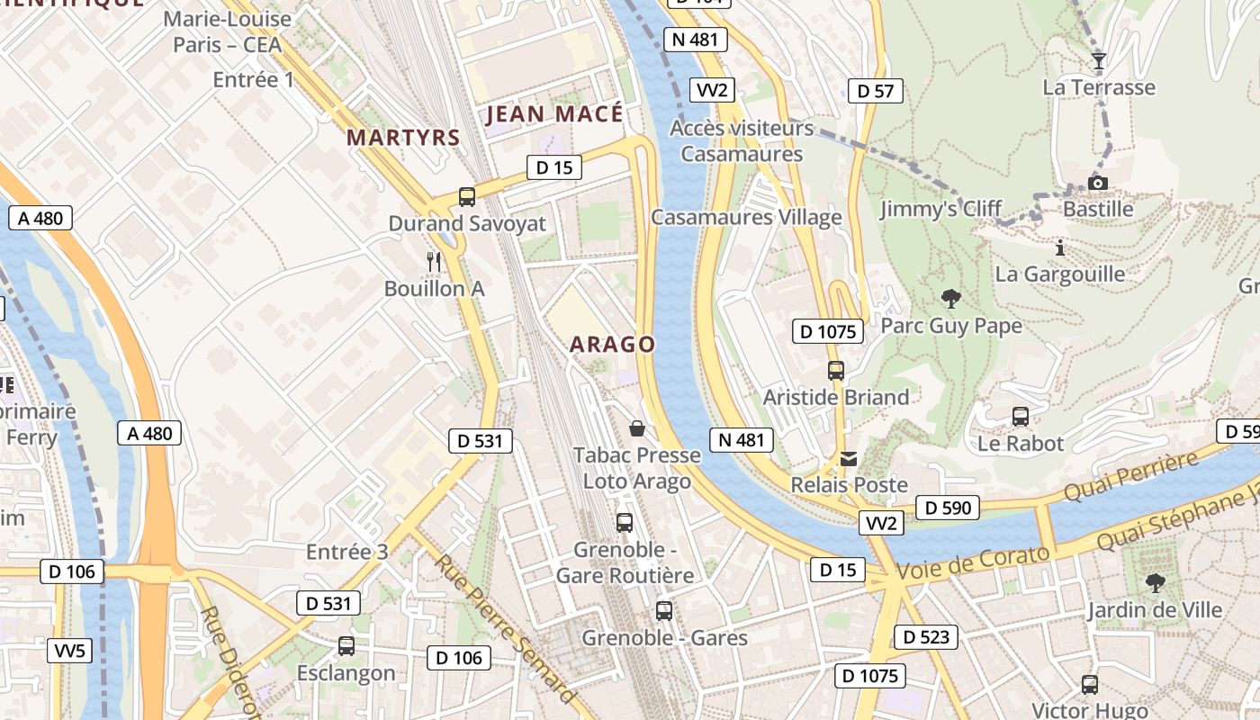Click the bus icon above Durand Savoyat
(466, 196)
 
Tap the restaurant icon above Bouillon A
(434, 262)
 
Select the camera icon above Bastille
(1097, 184)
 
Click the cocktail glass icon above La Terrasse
(1098, 61)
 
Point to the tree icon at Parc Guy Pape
(950, 299)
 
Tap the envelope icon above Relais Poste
(848, 459)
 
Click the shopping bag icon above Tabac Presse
(637, 428)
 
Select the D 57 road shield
(875, 91)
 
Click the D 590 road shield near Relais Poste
(949, 508)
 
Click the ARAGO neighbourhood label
(612, 345)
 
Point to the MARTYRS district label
(403, 138)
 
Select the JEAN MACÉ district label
(554, 114)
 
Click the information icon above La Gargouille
(1060, 247)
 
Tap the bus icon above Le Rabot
(1020, 417)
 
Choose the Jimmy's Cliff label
(940, 210)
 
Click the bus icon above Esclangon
(346, 646)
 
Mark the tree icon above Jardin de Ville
(1155, 583)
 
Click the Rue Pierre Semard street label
(505, 629)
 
